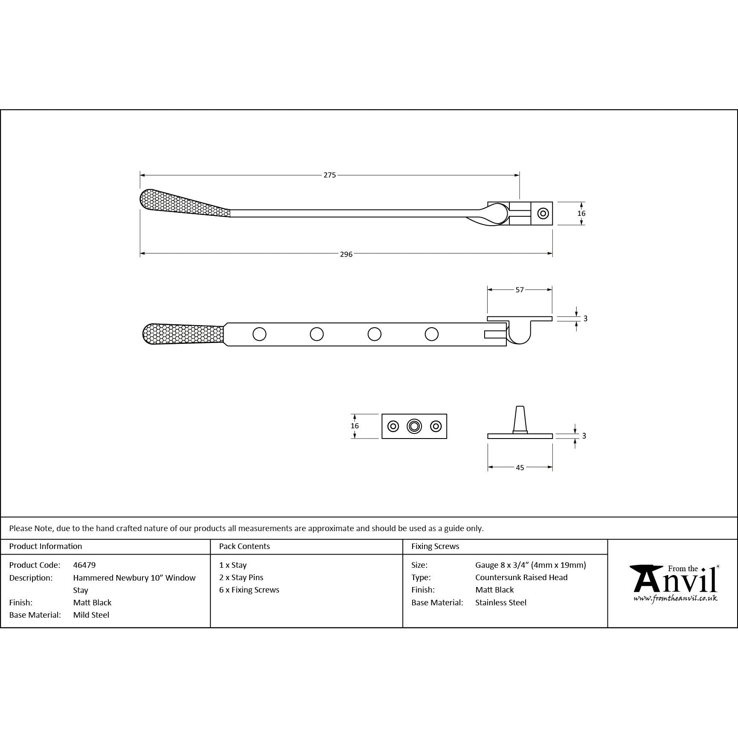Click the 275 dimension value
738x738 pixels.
[329, 175]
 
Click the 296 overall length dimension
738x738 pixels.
[346, 254]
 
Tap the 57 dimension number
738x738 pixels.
[520, 290]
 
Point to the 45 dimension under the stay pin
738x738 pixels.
[520, 468]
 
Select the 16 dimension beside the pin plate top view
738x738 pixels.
[354, 426]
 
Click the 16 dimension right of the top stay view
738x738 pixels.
[581, 213]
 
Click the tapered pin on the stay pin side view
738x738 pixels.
[520, 420]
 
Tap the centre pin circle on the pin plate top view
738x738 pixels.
[414, 426]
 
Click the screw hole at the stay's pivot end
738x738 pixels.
[543, 213]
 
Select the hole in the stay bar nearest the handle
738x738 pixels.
[259, 334]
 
